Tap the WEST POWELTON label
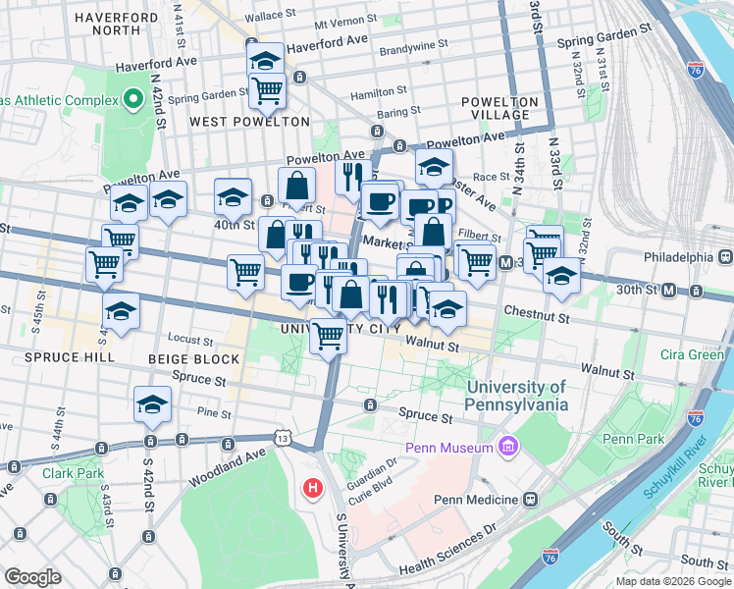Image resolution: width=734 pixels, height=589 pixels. [x=249, y=122]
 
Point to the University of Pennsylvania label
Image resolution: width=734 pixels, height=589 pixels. [x=518, y=396]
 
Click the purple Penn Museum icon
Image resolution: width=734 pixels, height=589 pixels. [x=507, y=449]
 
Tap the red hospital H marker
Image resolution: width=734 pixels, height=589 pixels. [x=313, y=487]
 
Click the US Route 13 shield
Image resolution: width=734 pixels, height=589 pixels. [x=283, y=435]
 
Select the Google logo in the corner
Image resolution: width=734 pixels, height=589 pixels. [x=32, y=576]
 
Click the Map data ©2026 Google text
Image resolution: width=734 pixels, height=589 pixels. [x=672, y=581]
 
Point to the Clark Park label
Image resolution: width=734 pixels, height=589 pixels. [x=73, y=473]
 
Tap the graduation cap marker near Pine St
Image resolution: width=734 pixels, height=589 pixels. [x=153, y=404]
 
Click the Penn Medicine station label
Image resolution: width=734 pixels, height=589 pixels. [x=475, y=500]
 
